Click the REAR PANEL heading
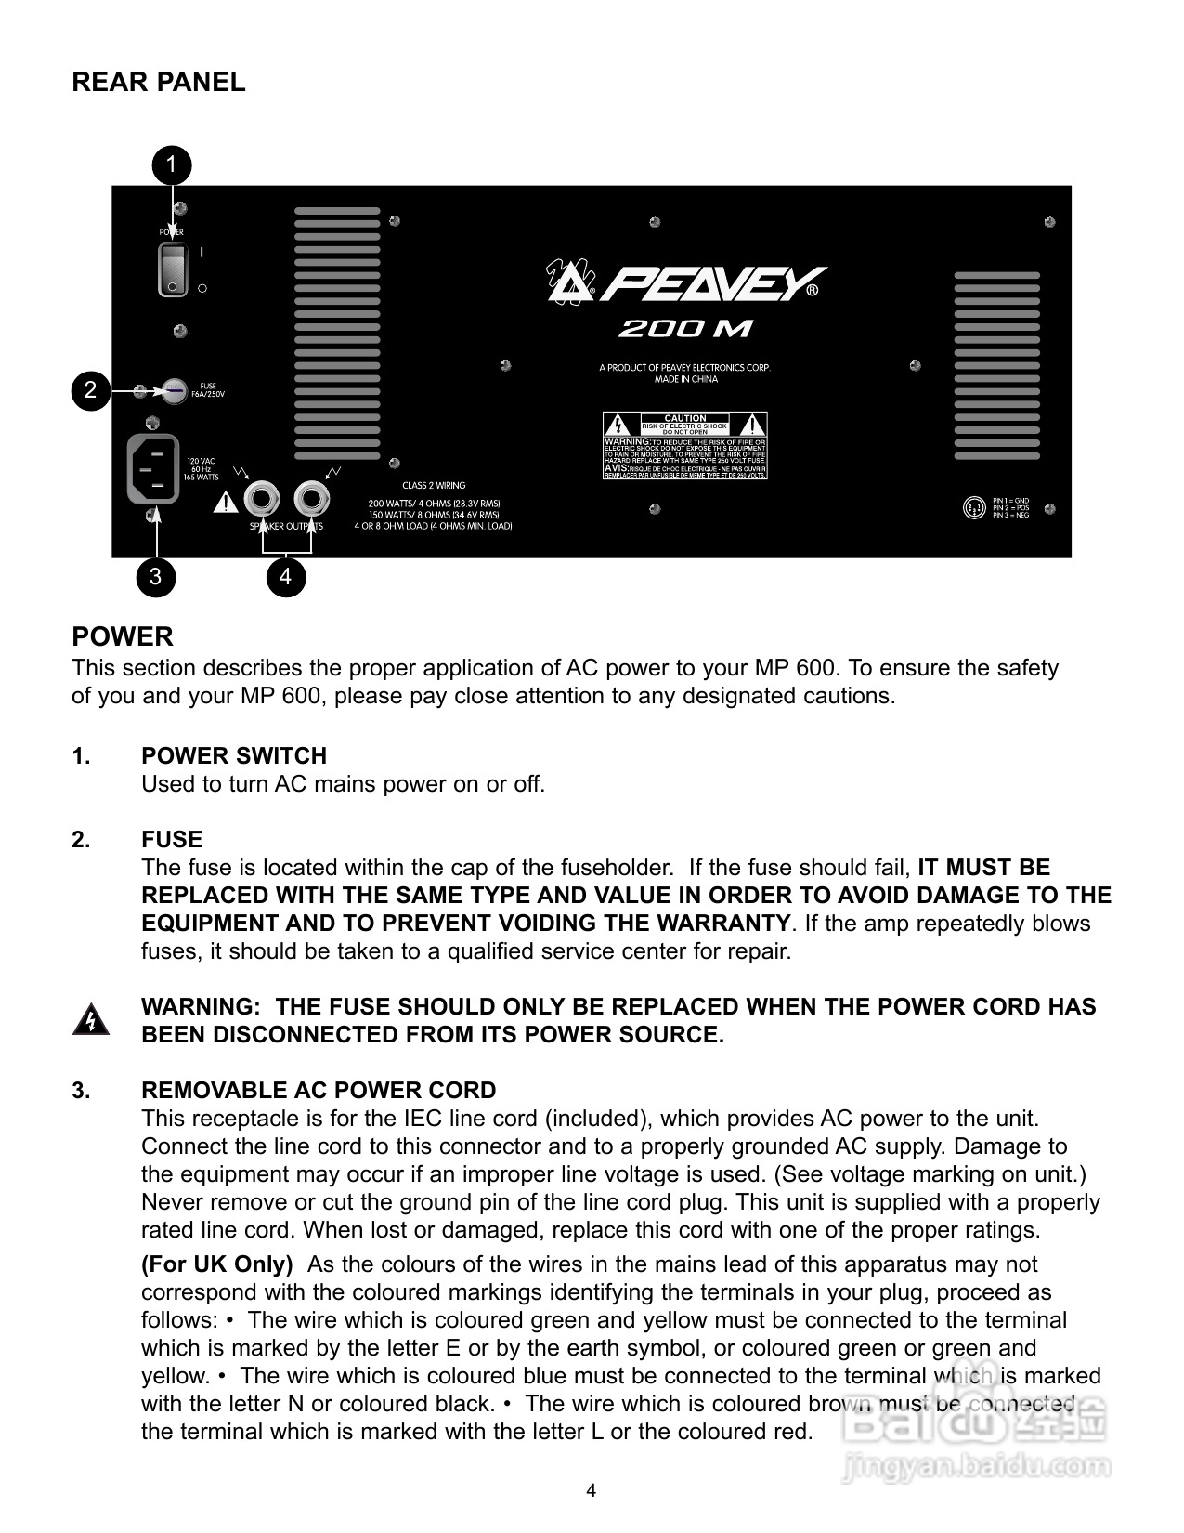pyautogui.click(x=159, y=82)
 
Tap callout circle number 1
pyautogui.click(x=172, y=165)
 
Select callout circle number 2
pyautogui.click(x=90, y=390)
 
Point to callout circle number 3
pyautogui.click(x=155, y=577)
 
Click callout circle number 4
pyautogui.click(x=285, y=577)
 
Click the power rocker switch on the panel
pyautogui.click(x=173, y=269)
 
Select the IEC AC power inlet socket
pyautogui.click(x=152, y=470)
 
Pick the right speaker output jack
pyautogui.click(x=312, y=501)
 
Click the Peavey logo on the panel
pyautogui.click(x=685, y=284)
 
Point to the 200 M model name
pyautogui.click(x=685, y=329)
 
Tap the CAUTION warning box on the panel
pyautogui.click(x=685, y=445)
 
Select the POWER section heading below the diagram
pyautogui.click(x=123, y=637)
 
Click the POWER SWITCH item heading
pyautogui.click(x=234, y=756)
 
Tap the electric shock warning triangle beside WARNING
pyautogui.click(x=91, y=1019)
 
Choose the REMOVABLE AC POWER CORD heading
pyautogui.click(x=319, y=1091)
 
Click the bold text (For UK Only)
pyautogui.click(x=217, y=1264)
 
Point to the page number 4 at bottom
pyautogui.click(x=592, y=1491)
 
